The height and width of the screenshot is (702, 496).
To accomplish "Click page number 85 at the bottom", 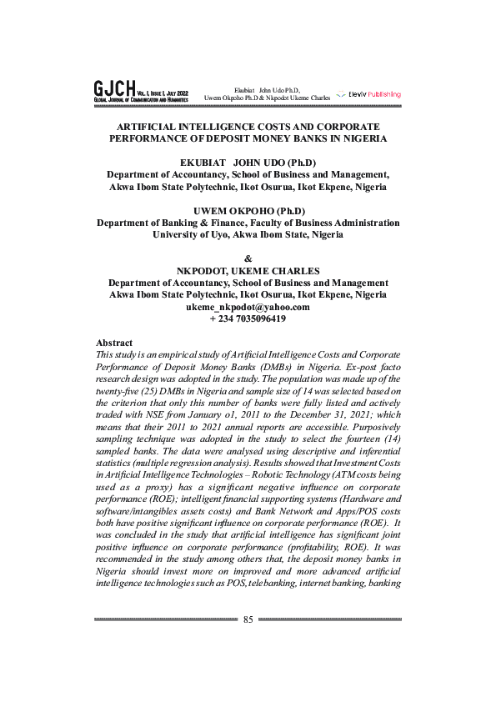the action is tap(248, 619).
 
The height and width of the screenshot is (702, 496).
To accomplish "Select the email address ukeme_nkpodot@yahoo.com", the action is tap(248, 307).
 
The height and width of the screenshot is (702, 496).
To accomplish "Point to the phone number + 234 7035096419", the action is tap(248, 318).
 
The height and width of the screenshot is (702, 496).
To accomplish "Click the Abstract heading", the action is tap(114, 343).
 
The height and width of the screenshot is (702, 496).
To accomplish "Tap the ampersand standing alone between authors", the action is tap(248, 258).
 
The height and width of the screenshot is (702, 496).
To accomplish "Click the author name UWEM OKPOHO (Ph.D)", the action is tap(248, 211).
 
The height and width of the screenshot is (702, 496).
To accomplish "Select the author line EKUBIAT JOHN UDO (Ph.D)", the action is tap(248, 163).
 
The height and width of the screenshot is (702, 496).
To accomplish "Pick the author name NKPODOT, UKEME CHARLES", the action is tap(248, 271).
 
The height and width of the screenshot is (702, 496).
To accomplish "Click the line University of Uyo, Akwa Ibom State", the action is tap(248, 235).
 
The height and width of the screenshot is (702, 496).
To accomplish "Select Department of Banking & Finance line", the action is tap(248, 223).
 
